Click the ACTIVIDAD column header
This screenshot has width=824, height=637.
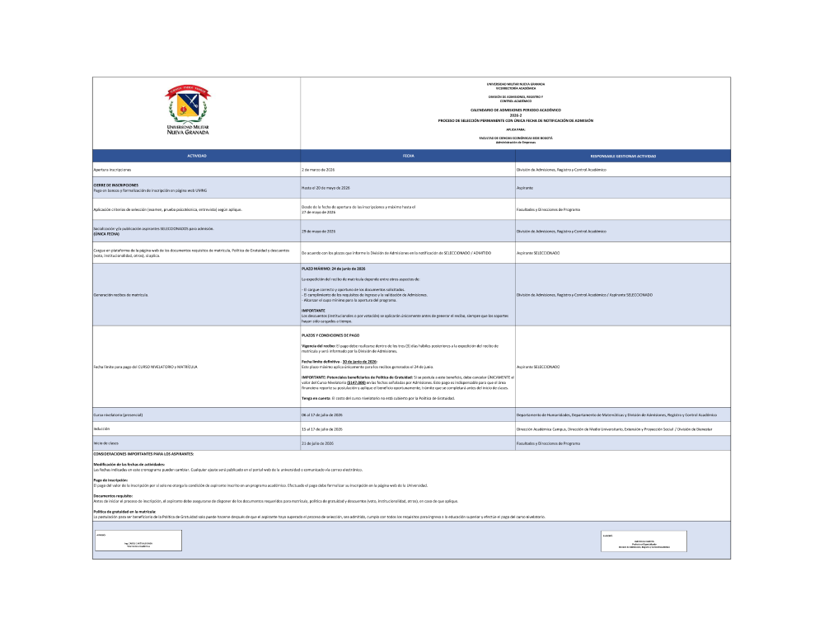[x=196, y=156]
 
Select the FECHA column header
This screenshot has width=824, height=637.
[x=408, y=156]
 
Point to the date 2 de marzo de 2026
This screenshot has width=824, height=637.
[x=318, y=169]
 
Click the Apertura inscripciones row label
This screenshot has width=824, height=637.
[x=112, y=169]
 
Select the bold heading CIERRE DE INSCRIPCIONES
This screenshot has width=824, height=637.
[x=116, y=185]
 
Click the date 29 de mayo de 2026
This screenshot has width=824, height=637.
[x=318, y=231]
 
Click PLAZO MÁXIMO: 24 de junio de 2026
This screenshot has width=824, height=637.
[x=334, y=269]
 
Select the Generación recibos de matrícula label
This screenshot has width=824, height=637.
[x=121, y=294]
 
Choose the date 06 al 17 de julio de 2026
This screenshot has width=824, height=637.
[x=321, y=415]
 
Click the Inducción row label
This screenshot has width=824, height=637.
[x=101, y=429]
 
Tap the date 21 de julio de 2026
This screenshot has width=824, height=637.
[x=318, y=443]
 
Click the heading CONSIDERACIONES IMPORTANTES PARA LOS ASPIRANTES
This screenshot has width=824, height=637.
[x=144, y=454]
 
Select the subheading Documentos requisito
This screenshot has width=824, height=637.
[x=114, y=495]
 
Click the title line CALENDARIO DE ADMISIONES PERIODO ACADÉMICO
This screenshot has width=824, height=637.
[x=515, y=110]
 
